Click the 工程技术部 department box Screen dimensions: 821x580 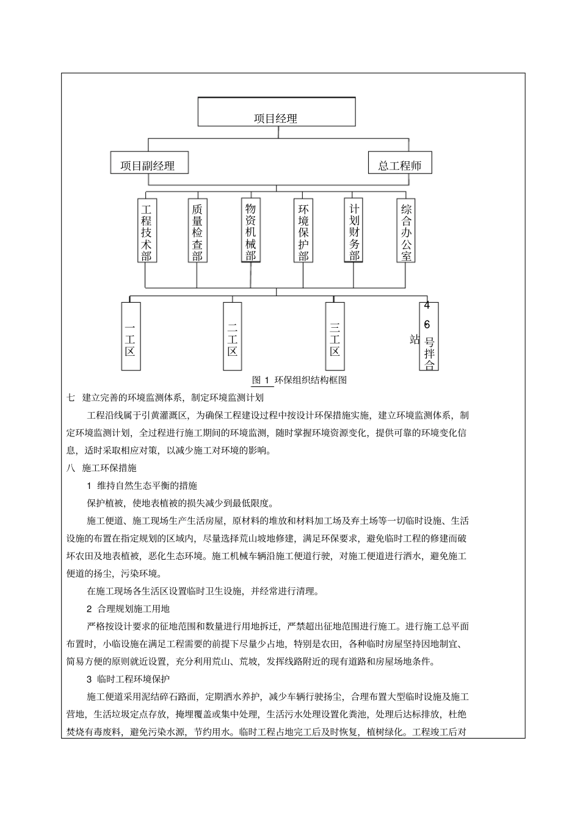(x=147, y=230)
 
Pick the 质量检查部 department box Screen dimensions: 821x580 (x=197, y=230)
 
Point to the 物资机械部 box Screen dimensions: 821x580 (x=250, y=230)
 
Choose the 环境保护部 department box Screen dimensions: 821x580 (x=303, y=230)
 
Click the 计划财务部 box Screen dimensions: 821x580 (x=353, y=230)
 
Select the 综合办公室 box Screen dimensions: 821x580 (x=406, y=230)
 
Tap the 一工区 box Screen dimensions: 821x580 (x=131, y=336)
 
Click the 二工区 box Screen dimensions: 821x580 (x=233, y=336)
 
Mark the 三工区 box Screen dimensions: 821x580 (x=335, y=336)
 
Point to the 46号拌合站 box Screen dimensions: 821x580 (x=429, y=336)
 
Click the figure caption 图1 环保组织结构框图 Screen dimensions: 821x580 (x=299, y=380)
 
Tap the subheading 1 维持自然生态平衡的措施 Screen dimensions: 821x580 (x=142, y=486)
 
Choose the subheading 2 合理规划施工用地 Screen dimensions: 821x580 (x=128, y=609)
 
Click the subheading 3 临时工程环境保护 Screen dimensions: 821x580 (x=128, y=679)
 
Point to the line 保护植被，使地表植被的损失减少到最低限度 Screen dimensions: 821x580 (x=181, y=504)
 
